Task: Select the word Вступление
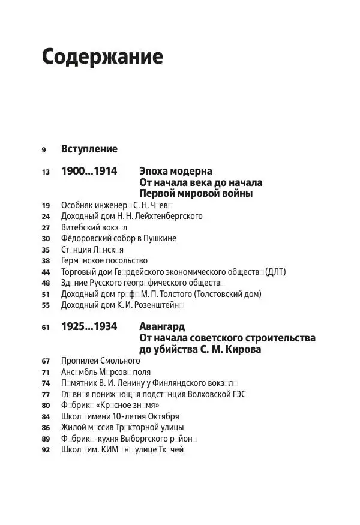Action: [x=89, y=149]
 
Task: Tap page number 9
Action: [x=44, y=149]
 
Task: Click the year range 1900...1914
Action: [x=89, y=172]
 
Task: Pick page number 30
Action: [x=46, y=239]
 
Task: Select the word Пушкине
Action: [x=161, y=239]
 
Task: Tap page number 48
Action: [x=46, y=283]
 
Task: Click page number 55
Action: [x=46, y=305]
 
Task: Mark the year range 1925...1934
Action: [x=89, y=328]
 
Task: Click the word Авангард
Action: [x=162, y=328]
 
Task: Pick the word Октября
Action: [x=163, y=416]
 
